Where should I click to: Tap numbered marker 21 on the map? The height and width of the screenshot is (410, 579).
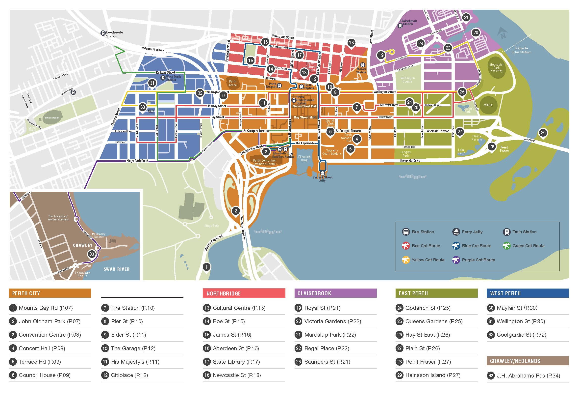click(466, 17)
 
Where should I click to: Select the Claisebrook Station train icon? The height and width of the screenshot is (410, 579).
click(400, 26)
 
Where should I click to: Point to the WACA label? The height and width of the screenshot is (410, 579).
click(488, 105)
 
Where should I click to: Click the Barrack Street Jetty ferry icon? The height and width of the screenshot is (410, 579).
click(322, 173)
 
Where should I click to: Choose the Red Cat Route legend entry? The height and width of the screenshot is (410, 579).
click(426, 246)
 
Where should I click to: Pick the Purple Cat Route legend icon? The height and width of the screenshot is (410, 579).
click(456, 260)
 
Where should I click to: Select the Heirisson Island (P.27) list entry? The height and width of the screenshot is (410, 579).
click(432, 375)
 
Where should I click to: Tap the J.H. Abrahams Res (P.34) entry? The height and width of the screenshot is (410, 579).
click(528, 375)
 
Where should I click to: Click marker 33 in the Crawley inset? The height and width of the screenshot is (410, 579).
click(92, 254)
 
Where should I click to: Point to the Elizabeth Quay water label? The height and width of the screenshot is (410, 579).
click(304, 158)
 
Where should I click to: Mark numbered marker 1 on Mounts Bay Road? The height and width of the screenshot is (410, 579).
click(206, 267)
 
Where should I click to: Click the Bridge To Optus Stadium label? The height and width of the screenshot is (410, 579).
click(521, 50)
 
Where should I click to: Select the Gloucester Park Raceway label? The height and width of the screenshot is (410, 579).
click(496, 67)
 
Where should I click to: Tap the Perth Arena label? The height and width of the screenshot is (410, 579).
click(232, 83)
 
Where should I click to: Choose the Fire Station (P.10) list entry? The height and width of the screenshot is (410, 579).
click(133, 308)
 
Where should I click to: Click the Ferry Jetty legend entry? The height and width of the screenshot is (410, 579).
click(472, 232)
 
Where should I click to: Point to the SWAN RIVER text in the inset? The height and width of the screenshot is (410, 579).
click(117, 269)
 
